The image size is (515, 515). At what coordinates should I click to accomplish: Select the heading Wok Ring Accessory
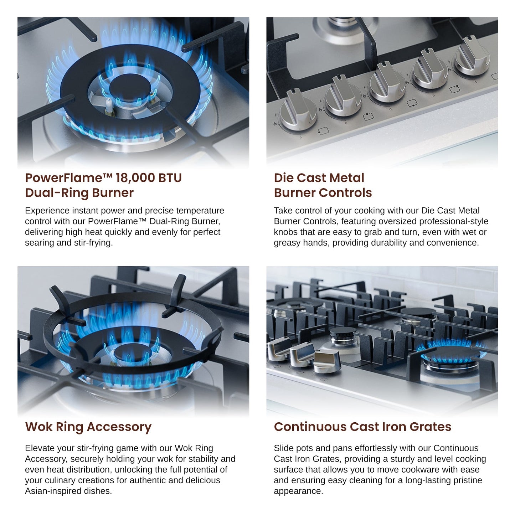pyautogui.click(x=88, y=427)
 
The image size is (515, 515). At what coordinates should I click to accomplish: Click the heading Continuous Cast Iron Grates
pyautogui.click(x=362, y=427)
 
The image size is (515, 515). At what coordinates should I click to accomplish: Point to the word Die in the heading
pyautogui.click(x=283, y=178)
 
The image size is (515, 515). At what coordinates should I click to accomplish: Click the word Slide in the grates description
pyautogui.click(x=283, y=448)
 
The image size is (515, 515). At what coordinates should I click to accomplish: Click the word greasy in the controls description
pyautogui.click(x=287, y=243)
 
